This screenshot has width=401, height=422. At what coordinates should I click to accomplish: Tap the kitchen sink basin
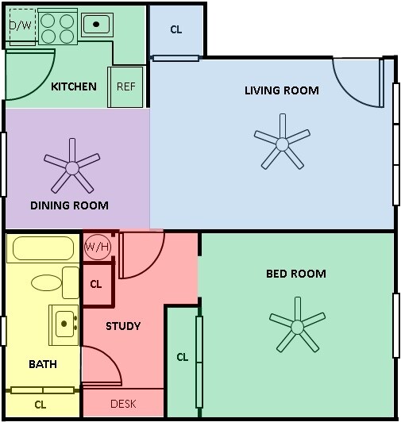[x=96, y=25]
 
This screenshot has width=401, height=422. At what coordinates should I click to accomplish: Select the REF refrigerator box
[x=126, y=86]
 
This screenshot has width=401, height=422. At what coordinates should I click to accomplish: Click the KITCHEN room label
[x=74, y=86]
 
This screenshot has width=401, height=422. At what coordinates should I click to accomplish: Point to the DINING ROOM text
[x=69, y=205]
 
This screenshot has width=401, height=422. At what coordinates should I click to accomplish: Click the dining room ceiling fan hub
[x=72, y=167]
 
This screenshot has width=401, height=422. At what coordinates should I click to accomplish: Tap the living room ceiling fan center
[x=283, y=144]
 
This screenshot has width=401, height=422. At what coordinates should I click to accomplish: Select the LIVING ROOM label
[x=282, y=90]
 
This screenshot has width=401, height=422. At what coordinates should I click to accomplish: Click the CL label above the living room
[x=176, y=29]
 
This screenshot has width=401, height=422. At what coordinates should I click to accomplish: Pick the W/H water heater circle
[x=98, y=246]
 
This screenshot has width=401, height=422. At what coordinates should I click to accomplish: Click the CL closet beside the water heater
[x=96, y=283]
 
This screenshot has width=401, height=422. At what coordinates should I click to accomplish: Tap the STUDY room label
[x=123, y=326]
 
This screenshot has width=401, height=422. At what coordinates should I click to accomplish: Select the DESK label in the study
[x=123, y=404]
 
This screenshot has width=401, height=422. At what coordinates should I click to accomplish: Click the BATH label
[x=42, y=364]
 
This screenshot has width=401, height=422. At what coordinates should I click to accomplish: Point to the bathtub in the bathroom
[x=43, y=249]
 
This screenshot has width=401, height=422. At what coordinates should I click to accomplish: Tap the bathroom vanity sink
[x=64, y=323]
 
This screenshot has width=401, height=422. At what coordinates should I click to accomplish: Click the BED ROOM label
[x=295, y=274]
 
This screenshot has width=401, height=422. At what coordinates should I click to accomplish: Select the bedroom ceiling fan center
[x=297, y=326]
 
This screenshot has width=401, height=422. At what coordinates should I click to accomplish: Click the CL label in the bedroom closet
[x=183, y=357]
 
